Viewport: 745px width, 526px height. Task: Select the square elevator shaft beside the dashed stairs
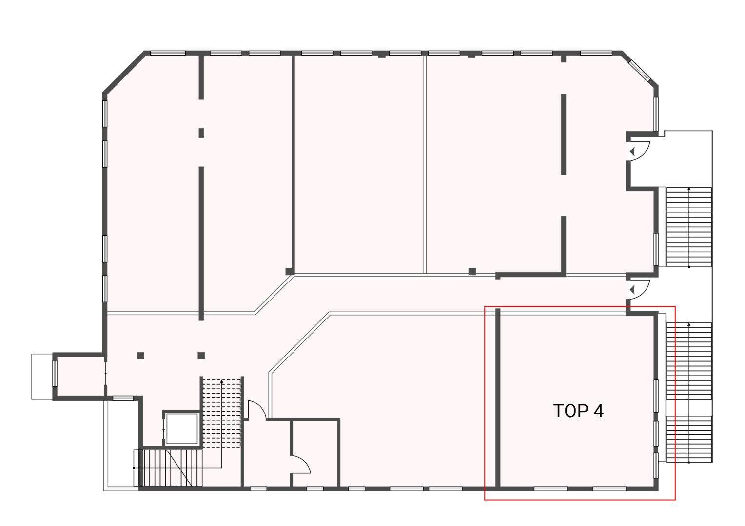pos(181,428)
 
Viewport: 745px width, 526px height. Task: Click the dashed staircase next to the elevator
pos(221,413)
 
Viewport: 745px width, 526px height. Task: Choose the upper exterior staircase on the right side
pos(689,227)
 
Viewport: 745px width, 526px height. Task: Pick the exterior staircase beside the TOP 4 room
pos(689,392)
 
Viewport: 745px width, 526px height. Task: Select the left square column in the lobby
pos(140,356)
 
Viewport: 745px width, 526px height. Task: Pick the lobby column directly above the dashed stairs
pos(201,356)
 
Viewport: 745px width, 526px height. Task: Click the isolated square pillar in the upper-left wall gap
pos(201,133)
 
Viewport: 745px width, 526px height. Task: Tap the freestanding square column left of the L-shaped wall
pos(472,271)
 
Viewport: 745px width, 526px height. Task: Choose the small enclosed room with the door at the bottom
pos(315,453)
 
